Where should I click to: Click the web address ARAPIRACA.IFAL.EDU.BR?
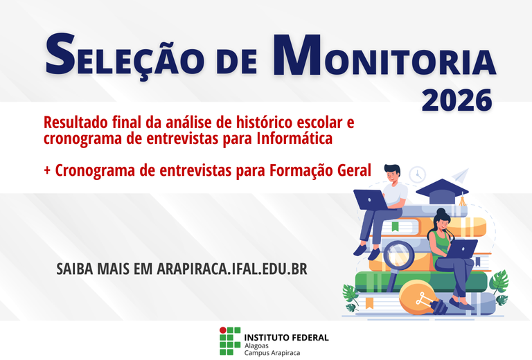click(231, 269)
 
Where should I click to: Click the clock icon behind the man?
click(417, 174)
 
